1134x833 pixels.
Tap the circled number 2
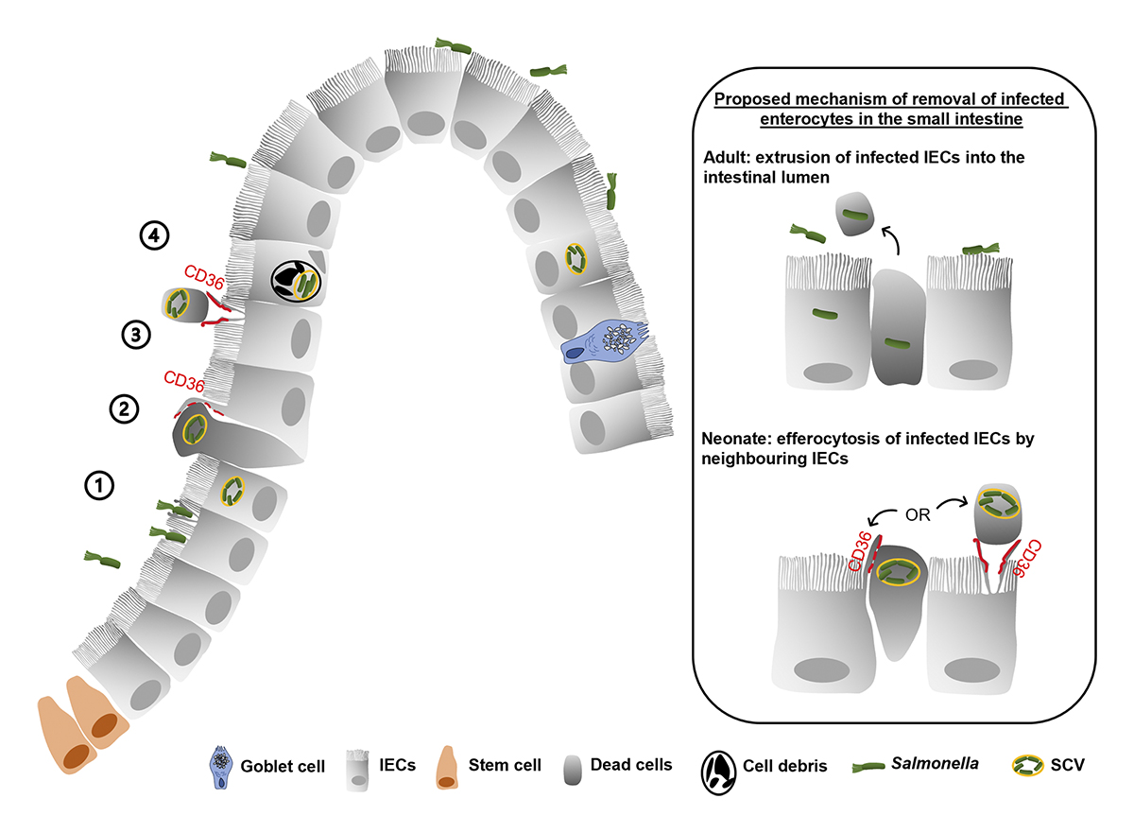click(x=125, y=409)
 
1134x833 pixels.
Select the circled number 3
click(x=135, y=334)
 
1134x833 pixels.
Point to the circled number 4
click(x=153, y=236)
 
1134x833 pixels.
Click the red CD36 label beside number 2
click(x=185, y=379)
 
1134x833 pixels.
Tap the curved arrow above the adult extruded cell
click(x=893, y=239)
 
